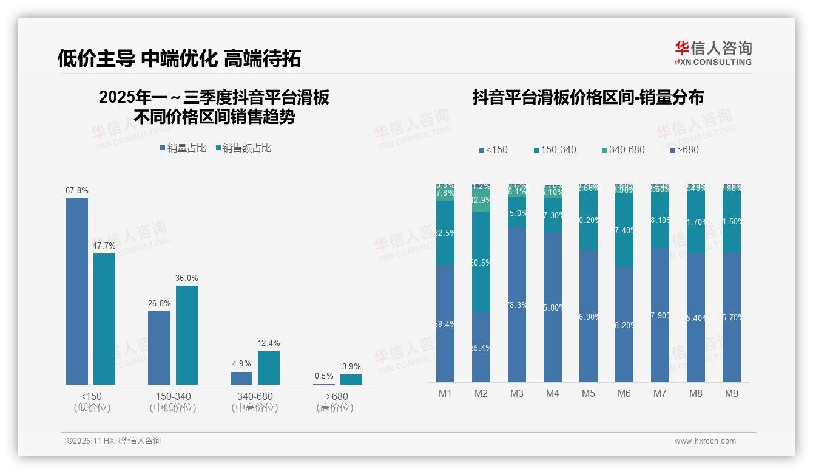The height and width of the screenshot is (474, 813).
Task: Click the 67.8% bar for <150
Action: [77, 291]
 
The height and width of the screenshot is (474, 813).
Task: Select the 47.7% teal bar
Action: [104, 318]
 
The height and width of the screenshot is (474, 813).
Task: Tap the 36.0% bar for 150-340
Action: [187, 335]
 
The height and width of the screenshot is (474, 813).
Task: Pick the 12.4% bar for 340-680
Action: [269, 368]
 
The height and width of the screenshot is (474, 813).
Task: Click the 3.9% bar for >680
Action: [351, 379]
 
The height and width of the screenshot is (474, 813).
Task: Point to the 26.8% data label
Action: [159, 303]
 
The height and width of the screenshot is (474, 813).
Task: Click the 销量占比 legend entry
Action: [183, 148]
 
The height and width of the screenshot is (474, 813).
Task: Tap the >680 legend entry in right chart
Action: [684, 149]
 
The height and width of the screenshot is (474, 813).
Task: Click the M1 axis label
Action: [445, 394]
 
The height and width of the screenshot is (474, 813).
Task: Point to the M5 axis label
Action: [589, 394]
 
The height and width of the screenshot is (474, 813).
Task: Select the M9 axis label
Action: [732, 394]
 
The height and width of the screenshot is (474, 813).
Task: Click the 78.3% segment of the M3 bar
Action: [517, 304]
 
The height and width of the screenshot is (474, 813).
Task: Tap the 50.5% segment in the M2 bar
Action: [481, 263]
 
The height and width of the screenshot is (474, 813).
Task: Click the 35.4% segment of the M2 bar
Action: [481, 347]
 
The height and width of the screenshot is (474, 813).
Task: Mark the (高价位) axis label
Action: [335, 408]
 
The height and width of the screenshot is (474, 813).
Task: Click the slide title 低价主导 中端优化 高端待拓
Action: [179, 58]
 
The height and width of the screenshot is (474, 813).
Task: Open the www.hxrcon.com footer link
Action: [705, 441]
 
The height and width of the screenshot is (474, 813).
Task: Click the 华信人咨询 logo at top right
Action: [713, 53]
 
